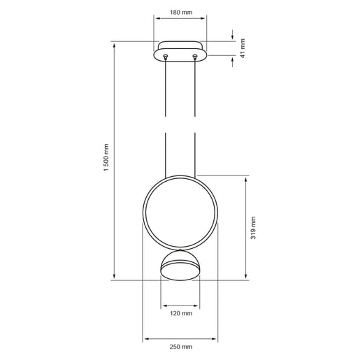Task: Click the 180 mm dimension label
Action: pyautogui.click(x=180, y=13)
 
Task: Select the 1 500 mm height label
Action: pyautogui.click(x=106, y=161)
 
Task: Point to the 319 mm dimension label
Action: pyautogui.click(x=253, y=228)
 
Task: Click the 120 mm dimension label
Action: pyautogui.click(x=180, y=313)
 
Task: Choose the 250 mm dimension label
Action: pyautogui.click(x=180, y=347)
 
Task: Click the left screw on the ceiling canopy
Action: pyautogui.click(x=165, y=56)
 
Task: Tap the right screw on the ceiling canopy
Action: pyautogui.click(x=195, y=56)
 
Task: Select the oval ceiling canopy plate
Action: pyautogui.click(x=180, y=53)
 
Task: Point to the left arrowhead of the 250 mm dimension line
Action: pyautogui.click(x=145, y=340)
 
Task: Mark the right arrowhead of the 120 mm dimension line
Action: pyautogui.click(x=198, y=305)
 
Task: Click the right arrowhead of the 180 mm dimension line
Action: pyautogui.click(x=203, y=21)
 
